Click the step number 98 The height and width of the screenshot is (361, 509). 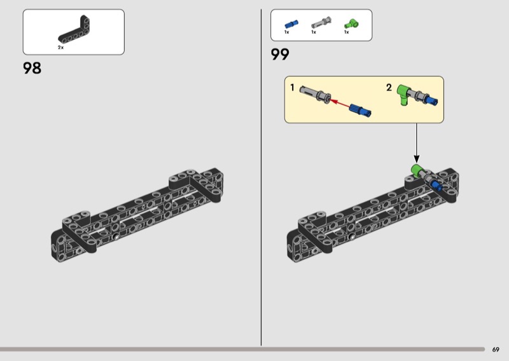point(32,67)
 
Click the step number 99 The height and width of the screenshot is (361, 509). point(280,55)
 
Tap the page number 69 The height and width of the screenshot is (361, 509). point(496,349)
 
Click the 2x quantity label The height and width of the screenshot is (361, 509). point(60,48)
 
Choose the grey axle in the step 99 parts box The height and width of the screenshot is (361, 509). point(318,24)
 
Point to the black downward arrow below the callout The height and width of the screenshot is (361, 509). point(417,142)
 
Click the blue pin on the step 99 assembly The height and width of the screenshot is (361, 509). point(436,184)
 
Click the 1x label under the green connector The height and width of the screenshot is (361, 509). point(347,32)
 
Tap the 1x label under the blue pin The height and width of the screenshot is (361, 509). point(287,32)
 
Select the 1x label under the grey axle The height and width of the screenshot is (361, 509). point(314,32)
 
